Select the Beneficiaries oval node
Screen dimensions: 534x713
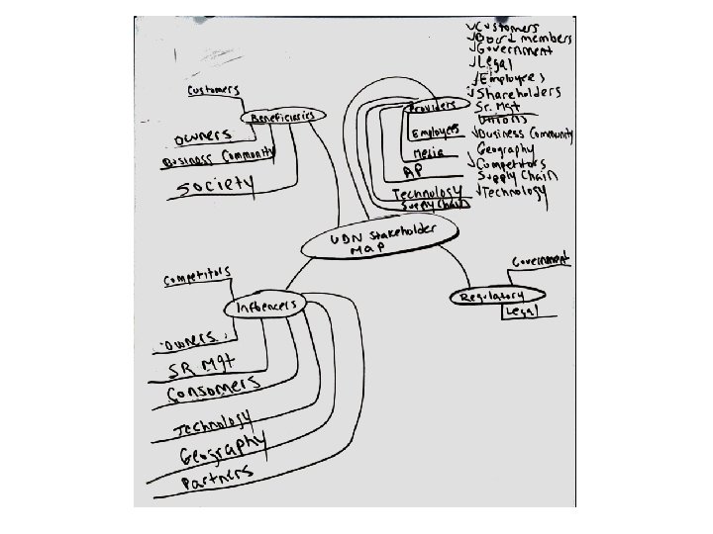(x=283, y=117)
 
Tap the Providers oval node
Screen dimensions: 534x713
(x=432, y=103)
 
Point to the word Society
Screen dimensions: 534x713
(x=214, y=184)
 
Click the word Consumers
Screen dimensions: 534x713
(x=213, y=390)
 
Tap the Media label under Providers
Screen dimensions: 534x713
(x=427, y=153)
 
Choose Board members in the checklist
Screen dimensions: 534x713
(x=524, y=37)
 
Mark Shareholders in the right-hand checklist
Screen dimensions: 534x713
(x=519, y=92)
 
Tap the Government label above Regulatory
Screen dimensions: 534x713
(x=540, y=260)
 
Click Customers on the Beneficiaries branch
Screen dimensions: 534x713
(x=214, y=91)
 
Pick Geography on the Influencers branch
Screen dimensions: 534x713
(x=222, y=450)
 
